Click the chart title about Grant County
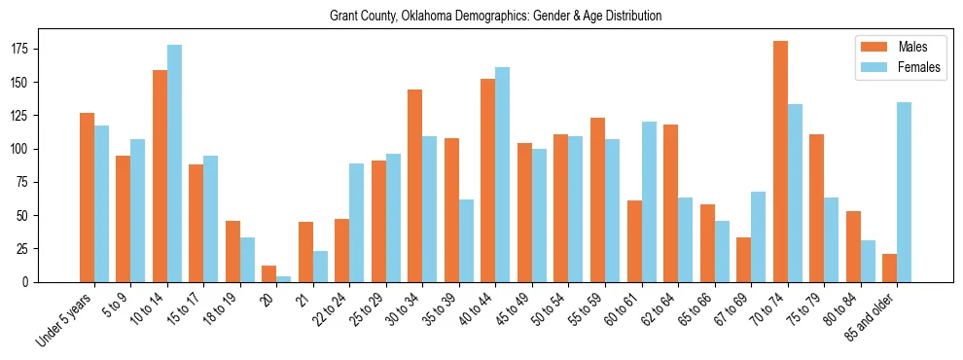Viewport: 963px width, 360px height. (481, 16)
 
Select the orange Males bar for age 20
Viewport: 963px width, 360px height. (269, 273)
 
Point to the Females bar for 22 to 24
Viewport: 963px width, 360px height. (357, 223)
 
